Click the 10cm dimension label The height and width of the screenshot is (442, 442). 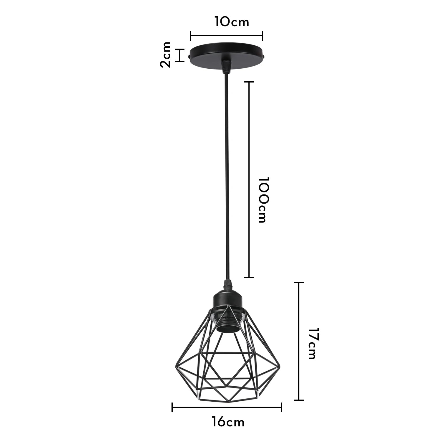[x=232, y=22]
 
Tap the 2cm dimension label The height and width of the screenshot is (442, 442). [x=166, y=55]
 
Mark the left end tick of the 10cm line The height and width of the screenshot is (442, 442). [x=191, y=36]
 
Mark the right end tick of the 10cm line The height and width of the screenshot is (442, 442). [x=262, y=36]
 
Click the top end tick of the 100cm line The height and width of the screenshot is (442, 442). [x=249, y=82]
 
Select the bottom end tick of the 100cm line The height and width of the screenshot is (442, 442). [x=249, y=277]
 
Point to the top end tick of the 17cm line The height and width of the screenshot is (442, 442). [x=299, y=283]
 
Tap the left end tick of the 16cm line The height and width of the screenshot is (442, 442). [x=172, y=407]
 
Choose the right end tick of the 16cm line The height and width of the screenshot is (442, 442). [x=282, y=407]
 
